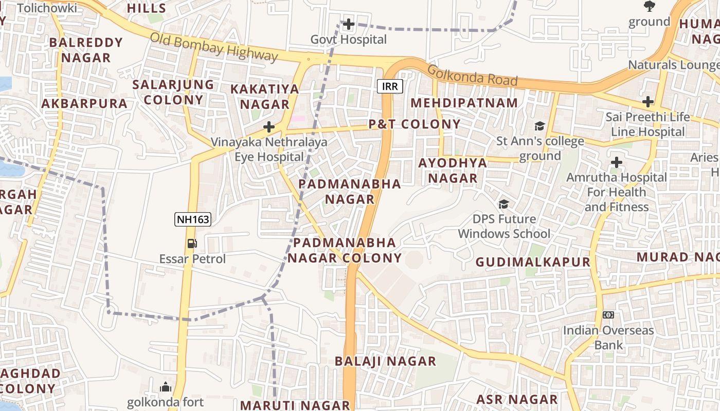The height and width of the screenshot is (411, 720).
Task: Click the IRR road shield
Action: pyautogui.click(x=390, y=86)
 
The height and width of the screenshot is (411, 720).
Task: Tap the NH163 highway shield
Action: pyautogui.click(x=193, y=220)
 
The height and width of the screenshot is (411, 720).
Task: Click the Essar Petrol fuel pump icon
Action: pyautogui.click(x=192, y=243)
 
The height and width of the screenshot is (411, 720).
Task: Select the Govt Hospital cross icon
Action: pyautogui.click(x=349, y=24)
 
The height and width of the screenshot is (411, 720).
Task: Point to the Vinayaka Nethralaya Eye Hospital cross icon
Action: pyautogui.click(x=269, y=127)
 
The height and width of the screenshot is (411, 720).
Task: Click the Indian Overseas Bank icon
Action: pyautogui.click(x=608, y=314)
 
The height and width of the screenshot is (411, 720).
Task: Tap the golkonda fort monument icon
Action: pyautogui.click(x=166, y=387)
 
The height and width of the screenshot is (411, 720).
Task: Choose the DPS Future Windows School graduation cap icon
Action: pyautogui.click(x=503, y=204)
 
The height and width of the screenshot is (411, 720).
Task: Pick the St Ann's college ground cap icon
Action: pyautogui.click(x=539, y=126)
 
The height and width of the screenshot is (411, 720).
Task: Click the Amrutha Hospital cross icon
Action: pyautogui.click(x=617, y=163)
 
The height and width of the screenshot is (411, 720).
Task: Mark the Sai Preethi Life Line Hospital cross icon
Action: pyautogui.click(x=648, y=102)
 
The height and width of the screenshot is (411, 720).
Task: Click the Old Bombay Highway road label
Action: pyautogui.click(x=214, y=47)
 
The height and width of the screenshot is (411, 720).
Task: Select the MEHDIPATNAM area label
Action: pyautogui.click(x=464, y=103)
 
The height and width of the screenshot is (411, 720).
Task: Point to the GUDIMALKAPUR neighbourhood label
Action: pyautogui.click(x=533, y=262)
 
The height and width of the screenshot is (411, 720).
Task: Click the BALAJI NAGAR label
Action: pyautogui.click(x=385, y=361)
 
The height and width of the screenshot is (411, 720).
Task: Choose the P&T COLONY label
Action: pyautogui.click(x=415, y=124)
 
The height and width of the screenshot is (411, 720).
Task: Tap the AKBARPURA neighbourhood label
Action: pyautogui.click(x=84, y=104)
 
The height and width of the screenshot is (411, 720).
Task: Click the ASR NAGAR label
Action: pyautogui.click(x=517, y=400)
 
